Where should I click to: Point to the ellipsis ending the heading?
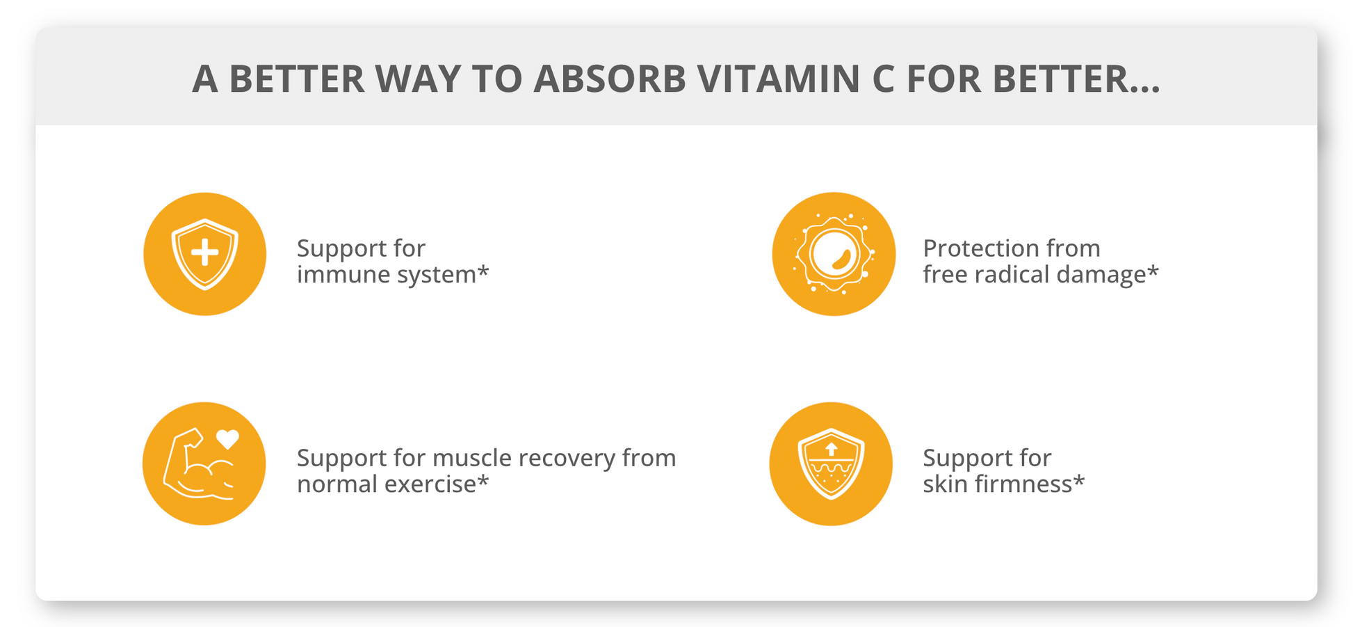1143,89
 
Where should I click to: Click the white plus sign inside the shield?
204,253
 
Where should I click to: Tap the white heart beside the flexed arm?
227,439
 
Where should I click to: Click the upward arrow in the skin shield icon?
831,448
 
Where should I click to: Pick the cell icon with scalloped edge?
834,253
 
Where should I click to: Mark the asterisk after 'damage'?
1153,269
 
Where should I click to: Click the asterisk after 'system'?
483,269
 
